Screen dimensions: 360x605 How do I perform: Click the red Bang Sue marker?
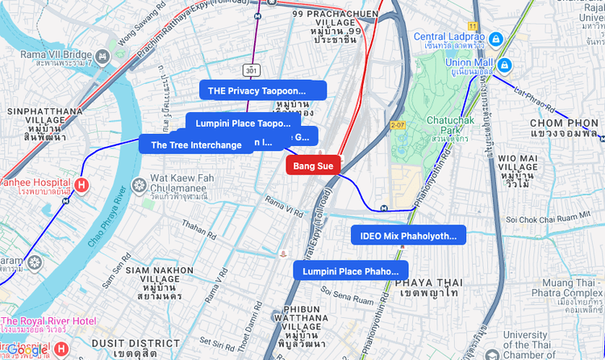pos(313,165)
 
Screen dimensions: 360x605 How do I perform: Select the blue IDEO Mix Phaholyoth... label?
pos(408,236)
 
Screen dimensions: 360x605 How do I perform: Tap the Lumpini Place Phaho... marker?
pos(350,271)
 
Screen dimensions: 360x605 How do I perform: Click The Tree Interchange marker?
pos(195,145)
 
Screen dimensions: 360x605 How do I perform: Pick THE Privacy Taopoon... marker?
pos(262,90)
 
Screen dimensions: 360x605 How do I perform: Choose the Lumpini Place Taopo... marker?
pos(242,123)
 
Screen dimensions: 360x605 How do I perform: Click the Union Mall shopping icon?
pos(504,64)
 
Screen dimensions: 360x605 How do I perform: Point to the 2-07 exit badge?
pos(397,125)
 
